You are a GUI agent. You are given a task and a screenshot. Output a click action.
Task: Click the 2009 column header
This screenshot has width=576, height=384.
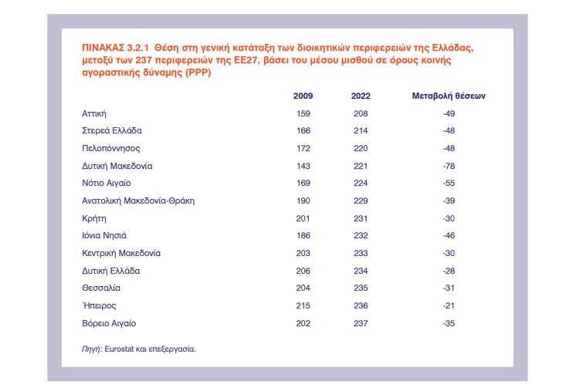coord(303,96)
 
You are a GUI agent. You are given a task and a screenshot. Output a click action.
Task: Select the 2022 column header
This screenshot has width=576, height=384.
coord(360,96)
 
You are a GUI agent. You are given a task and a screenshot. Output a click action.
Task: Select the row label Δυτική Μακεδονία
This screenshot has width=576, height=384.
coord(117,166)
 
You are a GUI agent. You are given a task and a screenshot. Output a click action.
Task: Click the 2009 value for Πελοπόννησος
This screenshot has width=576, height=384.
coord(303,148)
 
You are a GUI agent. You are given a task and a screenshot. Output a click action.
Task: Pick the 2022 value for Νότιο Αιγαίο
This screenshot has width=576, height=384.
coord(360,184)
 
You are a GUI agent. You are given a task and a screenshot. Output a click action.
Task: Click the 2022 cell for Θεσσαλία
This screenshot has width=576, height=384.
coord(360,288)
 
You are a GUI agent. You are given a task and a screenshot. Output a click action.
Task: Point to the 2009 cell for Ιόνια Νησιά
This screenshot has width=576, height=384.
coord(303,236)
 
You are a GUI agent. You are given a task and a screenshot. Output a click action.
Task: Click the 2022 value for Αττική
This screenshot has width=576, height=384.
coord(360,113)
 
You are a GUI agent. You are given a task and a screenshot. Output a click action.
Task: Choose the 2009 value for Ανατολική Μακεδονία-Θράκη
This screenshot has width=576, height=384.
coord(303,200)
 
